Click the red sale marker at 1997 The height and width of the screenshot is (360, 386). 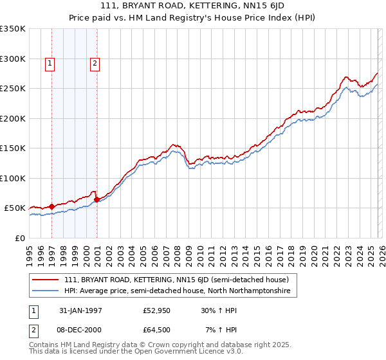tap(52, 207)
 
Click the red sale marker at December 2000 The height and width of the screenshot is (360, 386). tap(96, 200)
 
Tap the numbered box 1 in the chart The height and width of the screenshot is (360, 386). tap(50, 63)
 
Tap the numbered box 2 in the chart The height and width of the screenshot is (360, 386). tap(95, 63)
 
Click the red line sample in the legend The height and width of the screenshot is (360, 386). tap(46, 280)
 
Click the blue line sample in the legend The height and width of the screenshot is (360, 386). tap(46, 291)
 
